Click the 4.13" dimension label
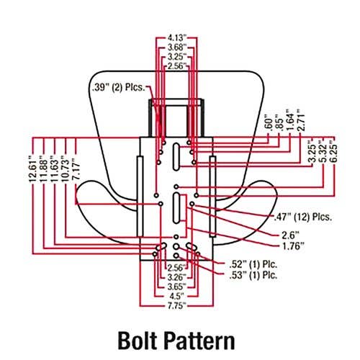pos(177,37)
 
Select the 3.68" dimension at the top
pos(177,48)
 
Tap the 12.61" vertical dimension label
pos(33,168)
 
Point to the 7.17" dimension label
pos(76,170)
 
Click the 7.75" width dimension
pos(177,306)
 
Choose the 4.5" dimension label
pos(177,295)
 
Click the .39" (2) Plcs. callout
pos(119,87)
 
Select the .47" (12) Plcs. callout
pos(303,217)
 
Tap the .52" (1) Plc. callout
pos(253,264)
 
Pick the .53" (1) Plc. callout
pos(253,275)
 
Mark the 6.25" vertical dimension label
pos(334,153)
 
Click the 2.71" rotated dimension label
pos(301,120)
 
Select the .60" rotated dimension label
pos(270,124)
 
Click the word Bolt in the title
pos(138,341)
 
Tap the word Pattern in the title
pos(199,341)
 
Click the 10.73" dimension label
pos(66,168)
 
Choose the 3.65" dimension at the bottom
pos(177,287)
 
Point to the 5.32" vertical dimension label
pos(323,153)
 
